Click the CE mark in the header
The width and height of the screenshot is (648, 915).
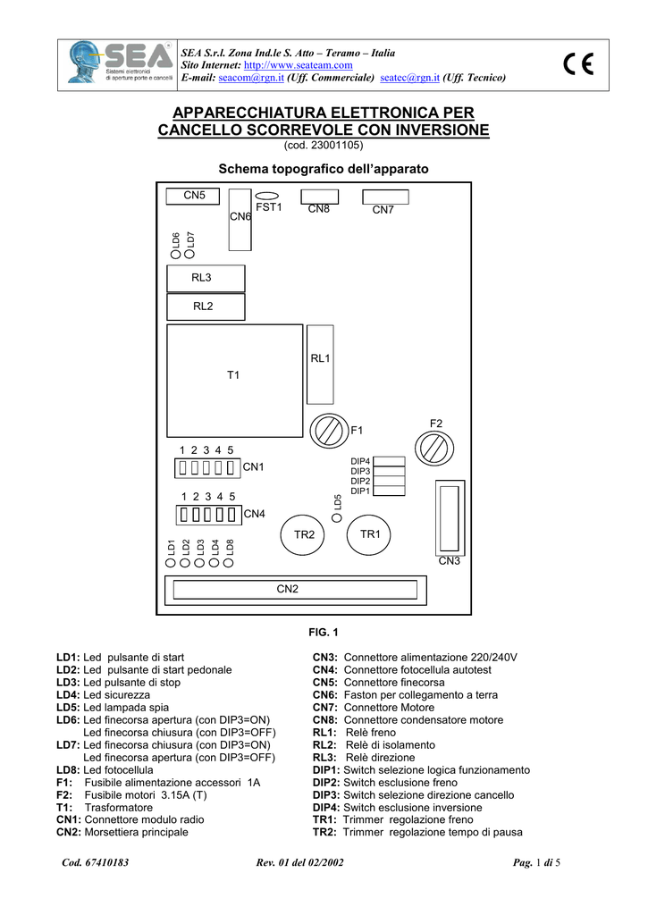click(578, 63)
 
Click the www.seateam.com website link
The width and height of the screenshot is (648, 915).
click(298, 65)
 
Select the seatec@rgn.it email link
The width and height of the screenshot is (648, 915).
click(409, 78)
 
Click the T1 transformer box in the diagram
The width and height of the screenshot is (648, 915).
click(235, 381)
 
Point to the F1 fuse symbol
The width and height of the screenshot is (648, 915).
click(329, 432)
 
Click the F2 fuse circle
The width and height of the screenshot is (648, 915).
click(434, 449)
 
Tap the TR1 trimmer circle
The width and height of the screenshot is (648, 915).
click(368, 534)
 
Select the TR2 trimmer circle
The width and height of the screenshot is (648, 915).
click(302, 534)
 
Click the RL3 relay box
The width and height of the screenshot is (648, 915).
click(206, 279)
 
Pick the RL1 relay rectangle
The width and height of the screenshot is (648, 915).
click(320, 365)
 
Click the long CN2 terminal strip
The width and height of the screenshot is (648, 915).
click(295, 590)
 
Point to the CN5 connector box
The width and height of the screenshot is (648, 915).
click(193, 196)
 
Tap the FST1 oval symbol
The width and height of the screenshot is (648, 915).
click(267, 197)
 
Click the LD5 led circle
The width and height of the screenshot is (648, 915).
click(337, 517)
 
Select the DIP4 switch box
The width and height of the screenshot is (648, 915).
click(389, 462)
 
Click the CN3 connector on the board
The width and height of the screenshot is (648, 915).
click(450, 518)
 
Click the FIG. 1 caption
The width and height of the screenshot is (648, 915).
click(324, 633)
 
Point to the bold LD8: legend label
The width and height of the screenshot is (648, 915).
click(69, 770)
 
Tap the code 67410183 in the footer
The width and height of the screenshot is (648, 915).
click(95, 862)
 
